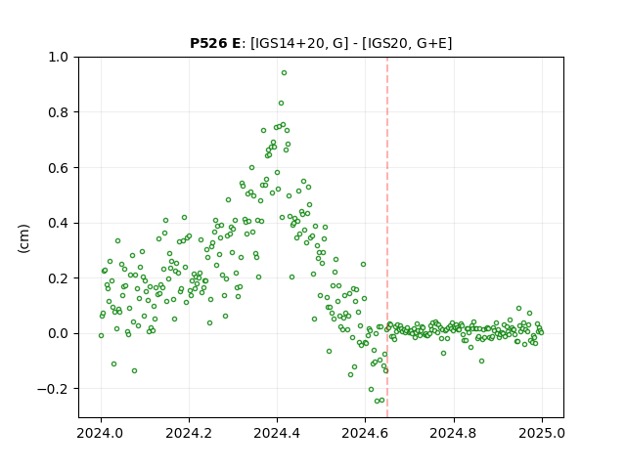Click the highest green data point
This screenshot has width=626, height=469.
click(x=284, y=73)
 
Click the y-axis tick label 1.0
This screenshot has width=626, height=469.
click(x=59, y=57)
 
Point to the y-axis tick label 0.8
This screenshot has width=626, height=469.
click(x=59, y=112)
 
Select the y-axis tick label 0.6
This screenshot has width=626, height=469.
click(x=59, y=167)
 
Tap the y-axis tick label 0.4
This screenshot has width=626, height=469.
click(x=59, y=223)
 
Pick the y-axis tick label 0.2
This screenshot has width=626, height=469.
click(x=59, y=277)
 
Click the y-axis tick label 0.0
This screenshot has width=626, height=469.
click(x=59, y=333)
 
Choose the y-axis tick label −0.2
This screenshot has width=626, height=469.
click(x=53, y=389)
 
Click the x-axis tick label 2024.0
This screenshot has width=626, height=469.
click(x=101, y=433)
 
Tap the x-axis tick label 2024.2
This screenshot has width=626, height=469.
click(x=189, y=433)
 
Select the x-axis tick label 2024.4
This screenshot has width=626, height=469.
click(x=277, y=433)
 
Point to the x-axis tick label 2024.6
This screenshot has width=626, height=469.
click(x=365, y=433)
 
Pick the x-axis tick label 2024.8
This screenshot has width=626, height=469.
click(x=454, y=433)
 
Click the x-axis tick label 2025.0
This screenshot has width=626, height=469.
click(x=542, y=433)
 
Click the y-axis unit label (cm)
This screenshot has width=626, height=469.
click(x=23, y=238)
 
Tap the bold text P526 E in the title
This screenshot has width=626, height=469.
click(x=215, y=43)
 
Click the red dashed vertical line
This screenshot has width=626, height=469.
click(x=387, y=237)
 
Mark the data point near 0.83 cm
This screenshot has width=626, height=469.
click(x=281, y=104)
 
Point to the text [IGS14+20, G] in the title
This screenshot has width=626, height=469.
click(x=296, y=43)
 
